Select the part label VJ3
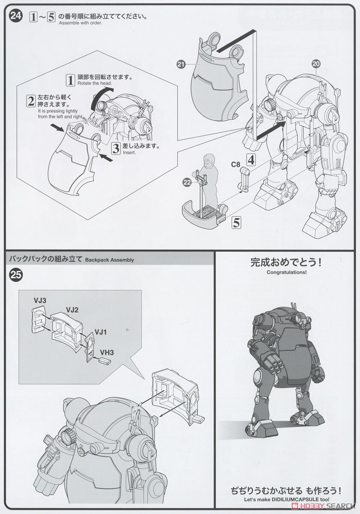pyautogui.click(x=40, y=301)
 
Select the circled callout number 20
pyautogui.click(x=315, y=63)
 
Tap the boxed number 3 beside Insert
pyautogui.click(x=116, y=148)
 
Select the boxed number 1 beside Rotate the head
pyautogui.click(x=70, y=80)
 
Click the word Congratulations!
pyautogui.click(x=286, y=272)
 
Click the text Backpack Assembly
pyautogui.click(x=110, y=260)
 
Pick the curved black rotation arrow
pyautogui.click(x=102, y=95)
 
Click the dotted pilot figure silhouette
pyautogui.click(x=208, y=180)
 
